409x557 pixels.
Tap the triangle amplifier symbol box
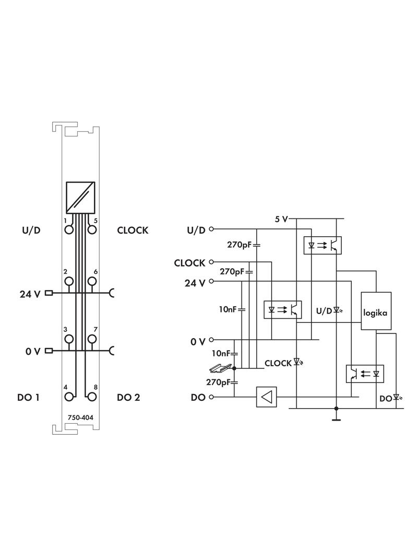tap(267, 397)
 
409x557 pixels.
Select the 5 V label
tap(281, 219)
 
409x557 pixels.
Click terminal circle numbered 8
tap(92, 397)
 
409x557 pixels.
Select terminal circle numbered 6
tap(92, 282)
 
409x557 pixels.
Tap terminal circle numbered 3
tap(68, 339)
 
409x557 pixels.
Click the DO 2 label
tap(128, 398)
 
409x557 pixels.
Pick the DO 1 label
tap(28, 398)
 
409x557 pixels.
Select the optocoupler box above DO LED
tap(365, 374)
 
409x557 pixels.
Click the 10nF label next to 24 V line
tap(228, 309)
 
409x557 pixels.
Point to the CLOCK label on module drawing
tap(133, 230)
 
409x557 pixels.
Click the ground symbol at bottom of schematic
tap(336, 418)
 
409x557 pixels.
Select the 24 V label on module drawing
tap(30, 294)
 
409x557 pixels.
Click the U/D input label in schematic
tap(196, 230)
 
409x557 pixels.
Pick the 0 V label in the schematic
tap(198, 342)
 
